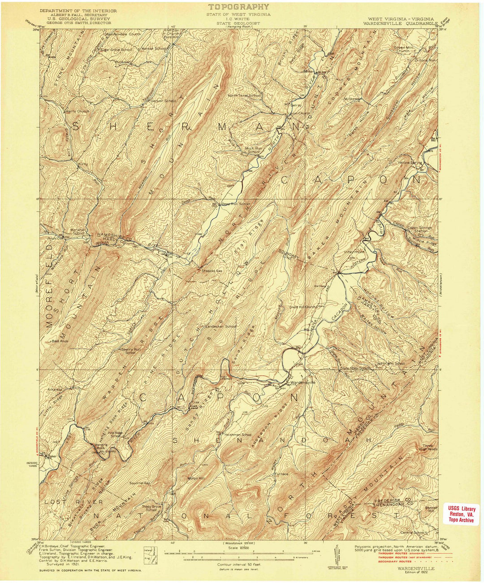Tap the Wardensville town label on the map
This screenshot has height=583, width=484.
tap(303, 383)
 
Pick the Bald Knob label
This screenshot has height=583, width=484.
tap(59, 341)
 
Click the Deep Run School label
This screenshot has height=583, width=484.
tap(236, 204)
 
